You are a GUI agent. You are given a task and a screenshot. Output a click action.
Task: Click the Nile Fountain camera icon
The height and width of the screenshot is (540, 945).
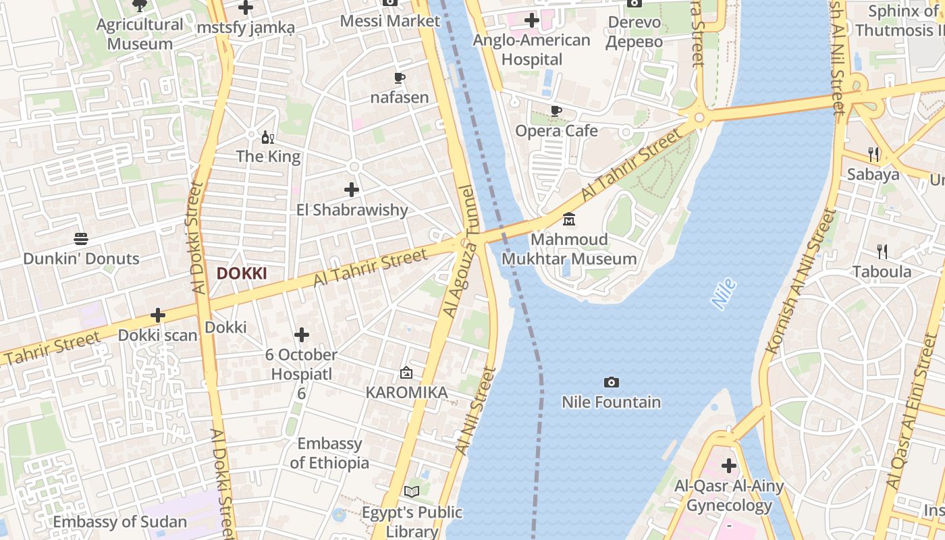611,383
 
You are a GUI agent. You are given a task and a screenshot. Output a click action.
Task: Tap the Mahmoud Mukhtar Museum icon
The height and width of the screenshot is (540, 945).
569,219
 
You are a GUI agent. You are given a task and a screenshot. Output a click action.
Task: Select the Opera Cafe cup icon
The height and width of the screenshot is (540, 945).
556,111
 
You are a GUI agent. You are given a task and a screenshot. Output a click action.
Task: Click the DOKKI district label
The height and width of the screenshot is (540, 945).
242,273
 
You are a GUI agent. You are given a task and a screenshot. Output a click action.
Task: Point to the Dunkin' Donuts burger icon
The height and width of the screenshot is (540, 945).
81,239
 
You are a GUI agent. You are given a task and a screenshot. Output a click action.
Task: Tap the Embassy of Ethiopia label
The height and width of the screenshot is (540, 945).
329,453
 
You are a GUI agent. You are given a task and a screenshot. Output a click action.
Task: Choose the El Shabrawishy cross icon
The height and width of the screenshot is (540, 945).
352,190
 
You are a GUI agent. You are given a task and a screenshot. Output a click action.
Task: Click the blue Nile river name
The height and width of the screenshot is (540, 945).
724,294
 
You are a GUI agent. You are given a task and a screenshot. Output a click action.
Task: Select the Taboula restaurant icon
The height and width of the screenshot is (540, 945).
882,252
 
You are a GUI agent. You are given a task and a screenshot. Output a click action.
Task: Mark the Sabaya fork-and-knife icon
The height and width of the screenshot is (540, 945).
873,155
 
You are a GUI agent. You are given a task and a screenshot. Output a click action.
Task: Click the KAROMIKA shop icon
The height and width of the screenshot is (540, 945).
406,373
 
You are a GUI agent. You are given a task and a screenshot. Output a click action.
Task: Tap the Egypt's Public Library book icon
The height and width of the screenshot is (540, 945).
412,492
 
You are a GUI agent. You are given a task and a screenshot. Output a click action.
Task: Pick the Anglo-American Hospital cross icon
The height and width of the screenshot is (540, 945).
532,20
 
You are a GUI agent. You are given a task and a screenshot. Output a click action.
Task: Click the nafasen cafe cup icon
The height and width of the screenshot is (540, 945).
400,78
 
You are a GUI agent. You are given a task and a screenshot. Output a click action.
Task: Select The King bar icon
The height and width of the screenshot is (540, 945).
268,137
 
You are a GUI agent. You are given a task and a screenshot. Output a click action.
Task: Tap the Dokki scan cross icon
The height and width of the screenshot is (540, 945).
158,315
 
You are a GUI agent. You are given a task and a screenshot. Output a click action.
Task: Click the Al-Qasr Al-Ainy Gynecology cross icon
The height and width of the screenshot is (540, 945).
729,465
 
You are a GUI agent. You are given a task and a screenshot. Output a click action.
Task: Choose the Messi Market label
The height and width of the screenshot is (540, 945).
390,21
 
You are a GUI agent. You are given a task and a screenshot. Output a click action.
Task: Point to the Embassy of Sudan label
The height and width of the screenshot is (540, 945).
120,522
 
